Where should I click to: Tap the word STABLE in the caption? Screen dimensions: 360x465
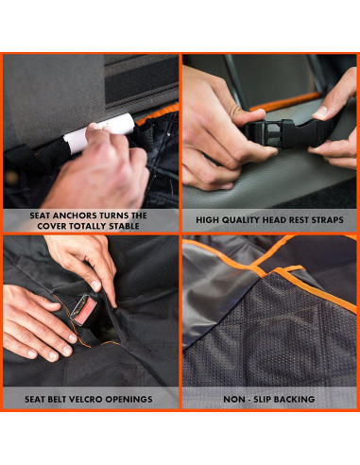pos(124,226)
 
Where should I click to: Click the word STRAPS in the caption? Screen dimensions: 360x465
pos(327,220)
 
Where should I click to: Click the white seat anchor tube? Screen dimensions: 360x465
pos(99,132)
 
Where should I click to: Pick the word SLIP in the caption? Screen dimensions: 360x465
pos(262,399)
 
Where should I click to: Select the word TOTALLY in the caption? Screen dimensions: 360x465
pos(88,226)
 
